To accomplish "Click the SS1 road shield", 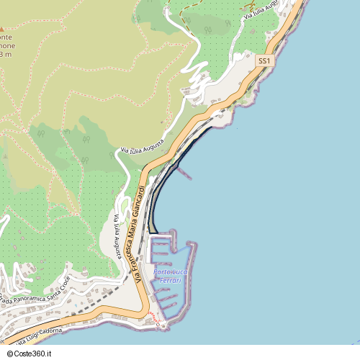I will coord(264,62).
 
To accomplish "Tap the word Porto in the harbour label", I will coord(163,272).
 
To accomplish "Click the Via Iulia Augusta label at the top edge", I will coord(261,9).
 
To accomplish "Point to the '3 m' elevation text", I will coord(6,54).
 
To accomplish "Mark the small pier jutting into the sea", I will coord(185,174).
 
